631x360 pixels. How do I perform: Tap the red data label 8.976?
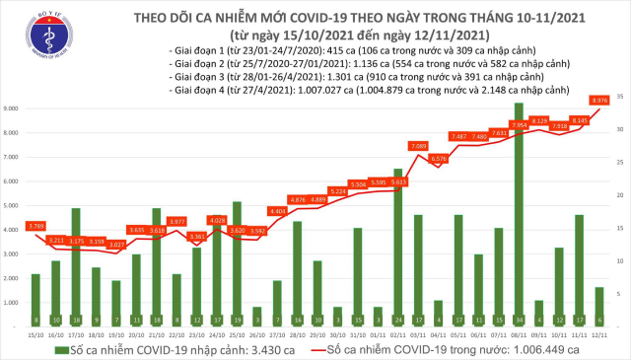pyautogui.click(x=598, y=100)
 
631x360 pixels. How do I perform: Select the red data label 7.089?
pyautogui.click(x=417, y=146)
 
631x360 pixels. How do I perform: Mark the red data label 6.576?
pyautogui.click(x=438, y=158)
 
